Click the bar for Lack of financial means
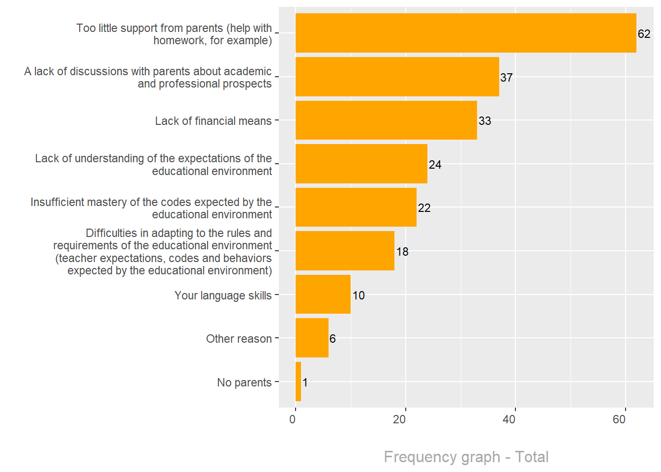coord(386,120)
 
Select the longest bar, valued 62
coord(465,33)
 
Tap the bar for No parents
coord(299,382)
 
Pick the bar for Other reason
coord(312,338)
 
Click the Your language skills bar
coord(323,295)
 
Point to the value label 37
coord(507,78)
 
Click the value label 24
coord(435,165)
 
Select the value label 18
coord(402,252)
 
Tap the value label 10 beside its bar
coord(359,295)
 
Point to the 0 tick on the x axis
coord(293,419)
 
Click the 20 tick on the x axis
coord(399,419)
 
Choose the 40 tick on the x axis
coord(509,419)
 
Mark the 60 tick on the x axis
coord(619,419)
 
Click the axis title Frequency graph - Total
coord(466,457)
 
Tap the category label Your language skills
coord(223,295)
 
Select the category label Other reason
coord(239,339)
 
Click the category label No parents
coord(244,383)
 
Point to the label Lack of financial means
coord(213,121)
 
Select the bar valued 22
coord(356,207)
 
